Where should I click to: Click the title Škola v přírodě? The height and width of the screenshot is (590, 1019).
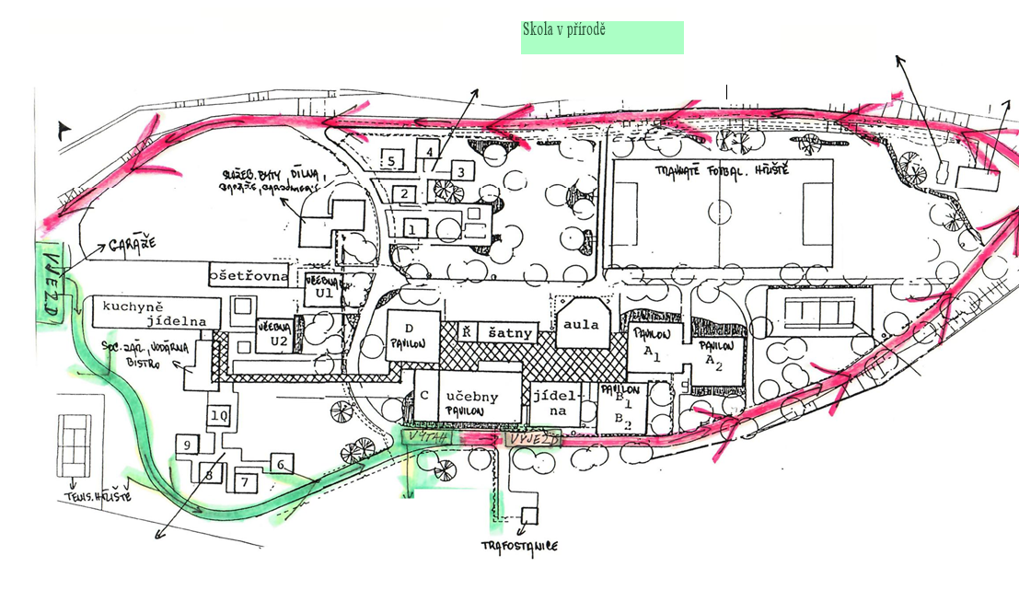563,29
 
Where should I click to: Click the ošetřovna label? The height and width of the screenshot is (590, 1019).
249,275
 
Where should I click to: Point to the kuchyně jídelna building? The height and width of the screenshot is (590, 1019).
152,314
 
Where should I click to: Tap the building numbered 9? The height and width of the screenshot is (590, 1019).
187,445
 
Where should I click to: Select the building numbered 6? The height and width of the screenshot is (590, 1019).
281,464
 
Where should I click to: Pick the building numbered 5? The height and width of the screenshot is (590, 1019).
391,160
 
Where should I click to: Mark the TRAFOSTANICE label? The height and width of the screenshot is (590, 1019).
520,546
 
